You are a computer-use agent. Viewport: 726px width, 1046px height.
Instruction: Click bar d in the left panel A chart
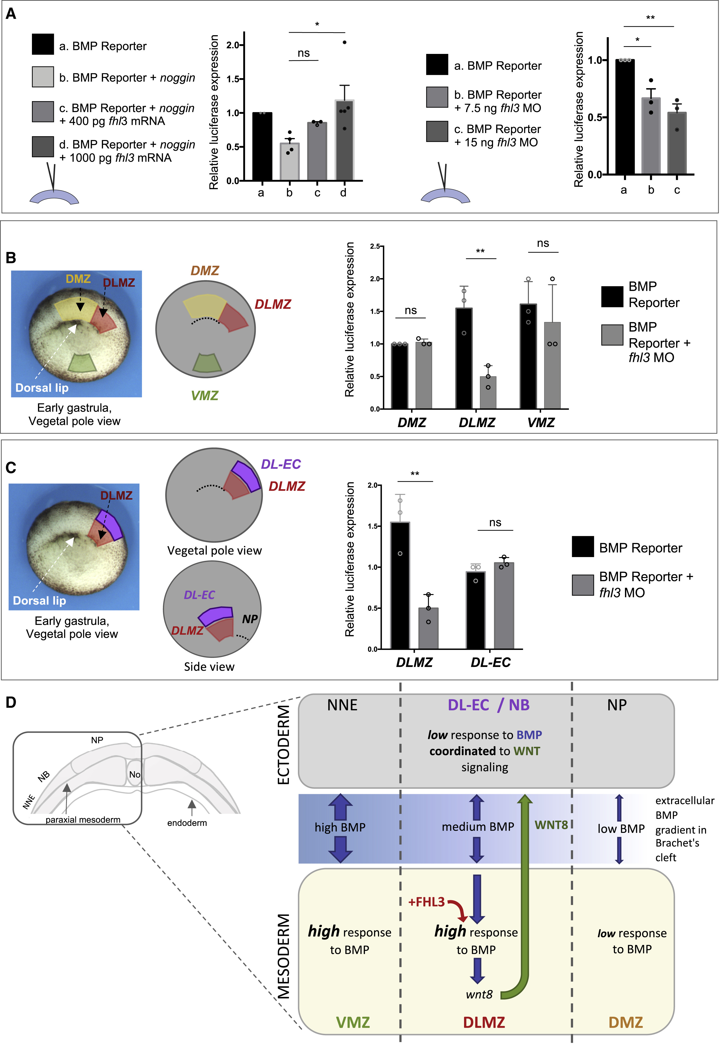[344, 141]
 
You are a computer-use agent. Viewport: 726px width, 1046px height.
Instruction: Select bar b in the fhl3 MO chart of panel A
[651, 137]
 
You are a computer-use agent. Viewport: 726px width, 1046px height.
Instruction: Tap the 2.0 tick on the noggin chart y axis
[233, 45]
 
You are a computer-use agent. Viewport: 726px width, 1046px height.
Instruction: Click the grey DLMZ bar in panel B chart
[488, 393]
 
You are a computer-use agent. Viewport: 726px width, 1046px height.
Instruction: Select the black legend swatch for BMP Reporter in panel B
[612, 297]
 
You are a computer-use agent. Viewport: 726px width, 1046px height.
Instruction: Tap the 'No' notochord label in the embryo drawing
[135, 774]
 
